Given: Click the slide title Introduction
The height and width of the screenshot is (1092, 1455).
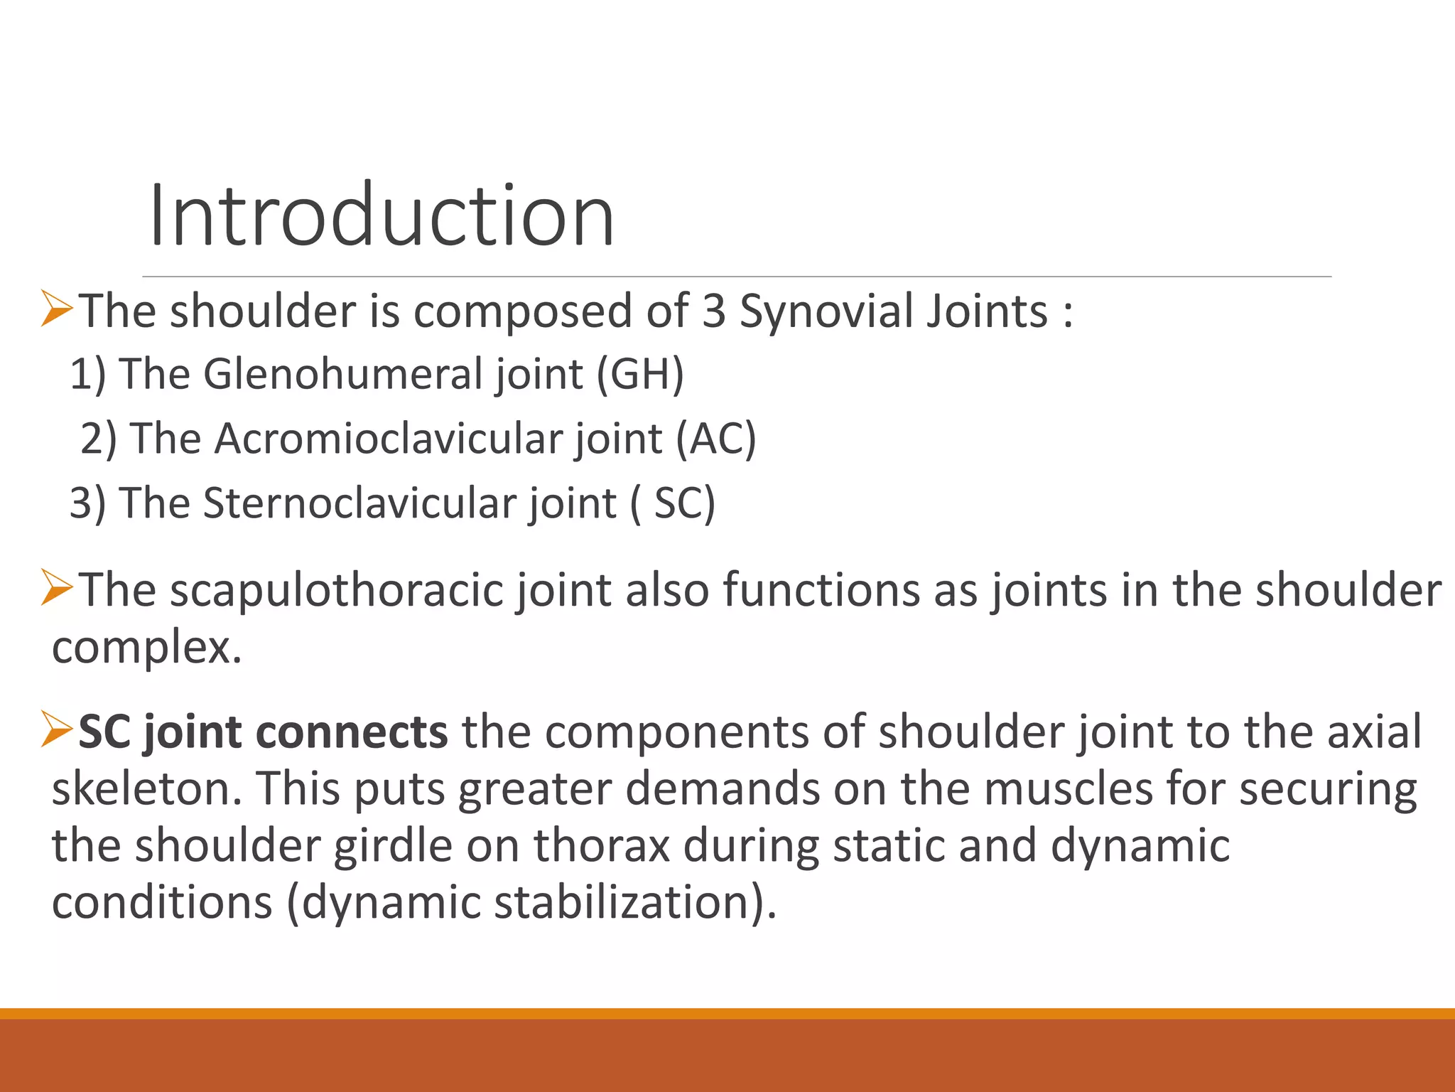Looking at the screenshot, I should click(382, 215).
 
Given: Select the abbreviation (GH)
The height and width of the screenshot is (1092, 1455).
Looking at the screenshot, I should click(639, 374).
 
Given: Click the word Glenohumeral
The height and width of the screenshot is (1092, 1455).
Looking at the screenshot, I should click(343, 374).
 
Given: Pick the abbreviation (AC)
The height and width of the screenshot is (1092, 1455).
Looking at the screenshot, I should click(715, 438).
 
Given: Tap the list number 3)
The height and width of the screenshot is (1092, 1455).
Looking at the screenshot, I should click(87, 503).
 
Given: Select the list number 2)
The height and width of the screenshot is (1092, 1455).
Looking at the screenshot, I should click(98, 438).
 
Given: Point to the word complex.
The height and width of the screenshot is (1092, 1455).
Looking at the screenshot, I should click(146, 648).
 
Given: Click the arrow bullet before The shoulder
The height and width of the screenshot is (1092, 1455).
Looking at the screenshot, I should click(57, 309).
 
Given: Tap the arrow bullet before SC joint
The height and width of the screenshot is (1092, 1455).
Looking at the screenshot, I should click(57, 730).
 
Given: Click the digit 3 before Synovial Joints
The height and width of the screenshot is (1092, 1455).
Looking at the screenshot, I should click(713, 311).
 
